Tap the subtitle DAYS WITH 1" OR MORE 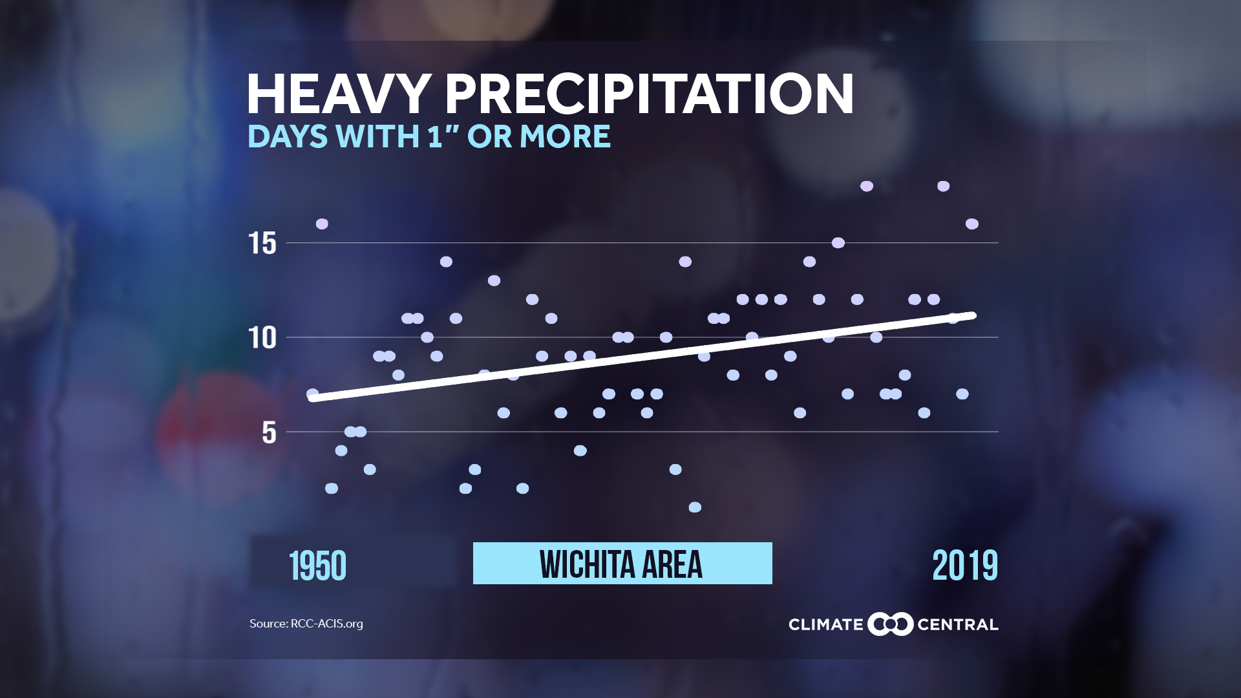(429, 136)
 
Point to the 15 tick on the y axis (262, 244)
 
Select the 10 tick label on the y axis (262, 338)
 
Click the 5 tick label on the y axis (269, 432)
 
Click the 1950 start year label (317, 566)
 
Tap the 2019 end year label (964, 566)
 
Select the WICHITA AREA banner (622, 564)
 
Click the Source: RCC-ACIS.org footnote (306, 624)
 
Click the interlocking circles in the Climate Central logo (890, 624)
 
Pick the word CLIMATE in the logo (825, 625)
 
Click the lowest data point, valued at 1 (695, 507)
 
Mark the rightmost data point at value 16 (971, 224)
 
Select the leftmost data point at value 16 (322, 224)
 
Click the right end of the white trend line (972, 315)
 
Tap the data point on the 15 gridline (838, 243)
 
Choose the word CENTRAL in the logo (957, 625)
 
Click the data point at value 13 (494, 280)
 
